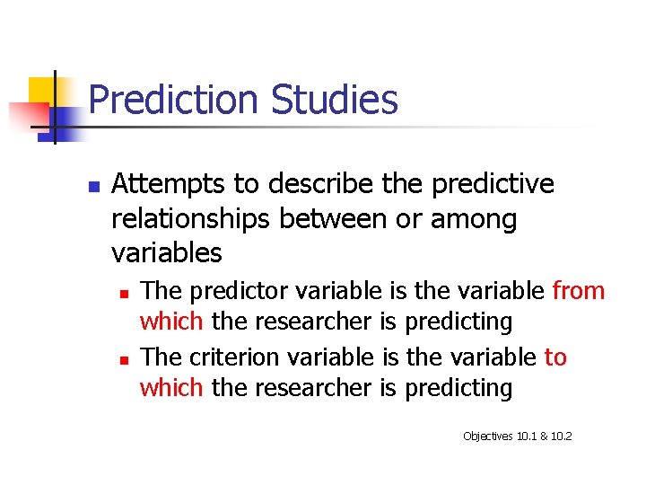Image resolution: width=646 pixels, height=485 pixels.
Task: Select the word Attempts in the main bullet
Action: pos(169,185)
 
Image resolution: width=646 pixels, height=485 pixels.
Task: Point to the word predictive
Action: pos(493,185)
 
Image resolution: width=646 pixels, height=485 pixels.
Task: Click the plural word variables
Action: pos(166,253)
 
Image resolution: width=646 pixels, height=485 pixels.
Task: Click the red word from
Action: pos(579,291)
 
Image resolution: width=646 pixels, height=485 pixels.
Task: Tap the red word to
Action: pos(555,357)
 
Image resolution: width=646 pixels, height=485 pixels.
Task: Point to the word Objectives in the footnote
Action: pos(488,436)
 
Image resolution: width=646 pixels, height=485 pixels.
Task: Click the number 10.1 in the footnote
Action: pos(528,436)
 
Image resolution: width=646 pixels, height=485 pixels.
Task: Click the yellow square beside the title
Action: pos(42,91)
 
